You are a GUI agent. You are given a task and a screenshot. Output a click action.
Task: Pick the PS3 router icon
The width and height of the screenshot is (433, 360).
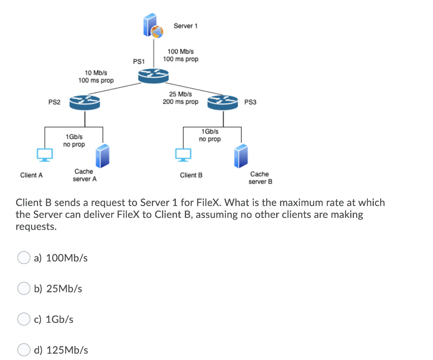point(222,102)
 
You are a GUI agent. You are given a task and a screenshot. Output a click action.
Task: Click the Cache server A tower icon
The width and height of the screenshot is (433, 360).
point(102,155)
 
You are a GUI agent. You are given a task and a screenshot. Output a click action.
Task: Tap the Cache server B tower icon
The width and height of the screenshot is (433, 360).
point(241,155)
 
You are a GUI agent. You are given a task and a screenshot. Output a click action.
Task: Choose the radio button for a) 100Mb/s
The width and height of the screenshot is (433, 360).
point(23,258)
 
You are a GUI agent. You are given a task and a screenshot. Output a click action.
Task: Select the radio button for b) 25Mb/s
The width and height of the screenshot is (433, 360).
point(23,289)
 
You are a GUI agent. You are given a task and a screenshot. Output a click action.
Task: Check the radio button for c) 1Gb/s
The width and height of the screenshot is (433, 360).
point(23,319)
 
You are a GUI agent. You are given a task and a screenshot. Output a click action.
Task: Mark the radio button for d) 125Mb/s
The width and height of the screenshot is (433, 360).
point(23,350)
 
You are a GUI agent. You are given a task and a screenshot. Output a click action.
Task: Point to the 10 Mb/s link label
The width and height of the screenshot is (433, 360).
point(96,73)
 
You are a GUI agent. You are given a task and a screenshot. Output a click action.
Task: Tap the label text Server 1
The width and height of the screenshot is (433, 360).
point(186,26)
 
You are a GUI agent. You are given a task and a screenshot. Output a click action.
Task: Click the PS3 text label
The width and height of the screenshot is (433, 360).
point(250,102)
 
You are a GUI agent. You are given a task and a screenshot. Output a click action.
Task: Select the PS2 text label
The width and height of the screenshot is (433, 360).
point(54,102)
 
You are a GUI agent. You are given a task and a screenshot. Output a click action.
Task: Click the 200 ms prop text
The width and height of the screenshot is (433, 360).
point(181,102)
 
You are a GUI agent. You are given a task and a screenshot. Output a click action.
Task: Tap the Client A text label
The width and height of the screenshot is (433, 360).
point(31,175)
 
